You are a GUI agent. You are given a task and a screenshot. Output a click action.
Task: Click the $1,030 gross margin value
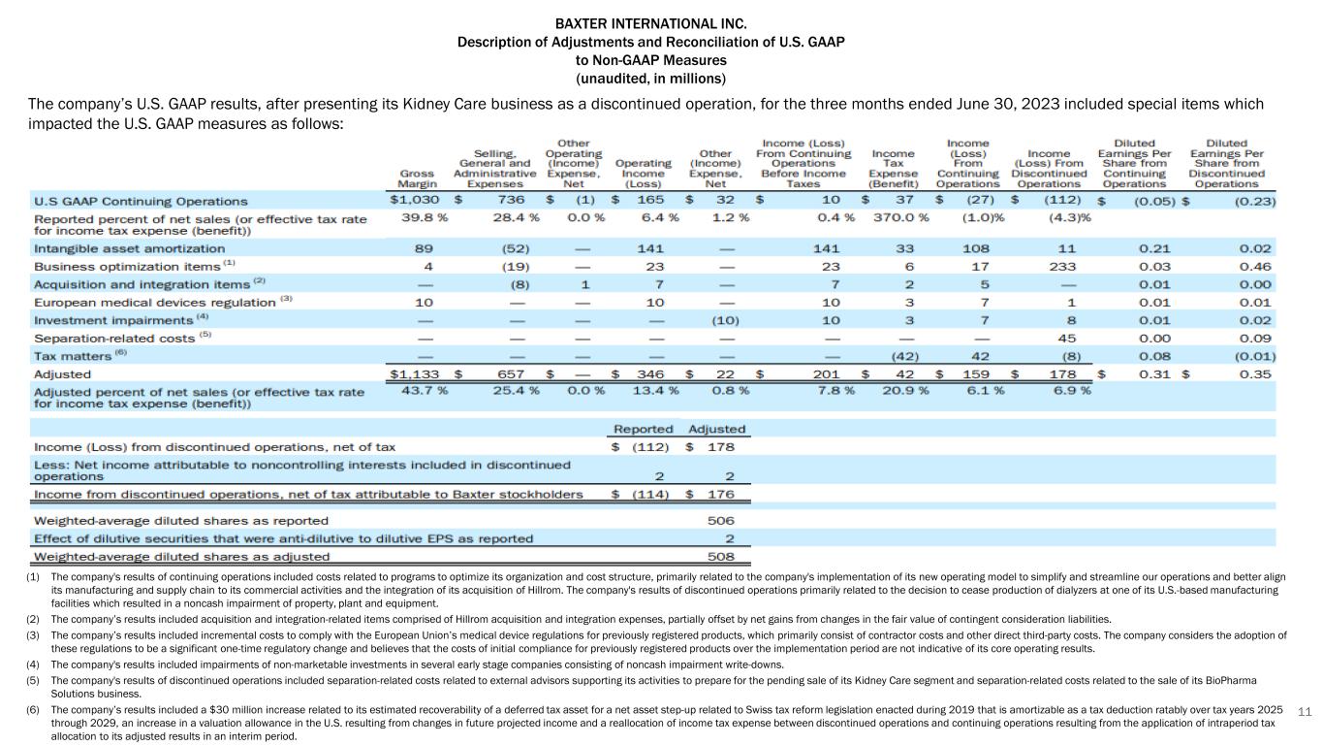[x=414, y=201]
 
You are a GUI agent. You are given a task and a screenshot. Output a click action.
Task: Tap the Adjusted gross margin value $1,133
[x=414, y=373]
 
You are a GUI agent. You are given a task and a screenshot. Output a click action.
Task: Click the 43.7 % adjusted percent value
[x=424, y=390]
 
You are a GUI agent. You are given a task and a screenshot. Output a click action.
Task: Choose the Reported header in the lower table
[x=644, y=429]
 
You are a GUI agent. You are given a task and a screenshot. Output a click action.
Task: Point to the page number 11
[x=1303, y=711]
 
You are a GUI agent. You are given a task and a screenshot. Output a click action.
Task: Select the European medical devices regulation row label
[x=156, y=302]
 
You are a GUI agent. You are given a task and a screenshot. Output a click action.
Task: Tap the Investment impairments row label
[x=113, y=319]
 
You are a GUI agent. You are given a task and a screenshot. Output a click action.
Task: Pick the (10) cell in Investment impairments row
[x=725, y=319]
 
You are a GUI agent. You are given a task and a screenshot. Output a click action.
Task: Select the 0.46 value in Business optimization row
[x=1253, y=266]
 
